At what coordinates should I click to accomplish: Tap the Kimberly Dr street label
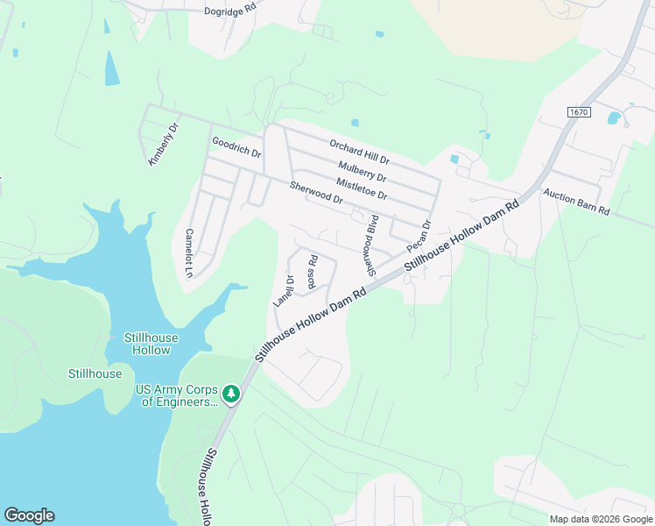coord(163,143)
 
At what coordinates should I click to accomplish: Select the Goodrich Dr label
coord(236,146)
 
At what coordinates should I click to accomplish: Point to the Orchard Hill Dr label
coord(359,153)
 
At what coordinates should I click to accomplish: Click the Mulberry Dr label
coord(363,172)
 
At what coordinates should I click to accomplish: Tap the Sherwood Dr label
coord(316,193)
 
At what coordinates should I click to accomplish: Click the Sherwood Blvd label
coord(372,245)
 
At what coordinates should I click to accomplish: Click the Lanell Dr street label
coord(283,290)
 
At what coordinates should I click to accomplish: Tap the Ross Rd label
coord(311,274)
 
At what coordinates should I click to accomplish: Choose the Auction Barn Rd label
coord(575,204)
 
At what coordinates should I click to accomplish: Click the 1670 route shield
coord(578,112)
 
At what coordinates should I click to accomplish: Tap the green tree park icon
coord(231,394)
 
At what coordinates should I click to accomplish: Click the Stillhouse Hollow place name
coord(151,344)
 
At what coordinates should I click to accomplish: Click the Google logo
coord(29,515)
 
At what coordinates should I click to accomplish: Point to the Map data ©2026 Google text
coord(600,519)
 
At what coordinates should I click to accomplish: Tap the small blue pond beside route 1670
coord(614,117)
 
